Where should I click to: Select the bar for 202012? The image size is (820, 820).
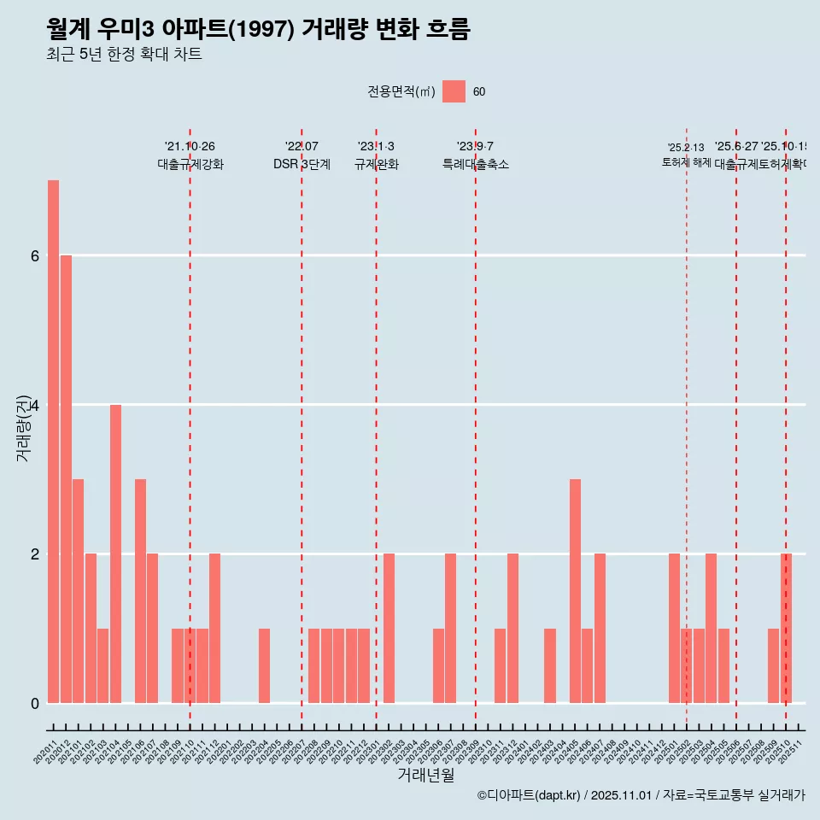tap(66, 478)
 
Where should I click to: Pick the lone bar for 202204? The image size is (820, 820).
tap(265, 666)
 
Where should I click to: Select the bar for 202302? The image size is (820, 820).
tap(389, 628)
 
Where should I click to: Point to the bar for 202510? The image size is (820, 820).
tap(786, 628)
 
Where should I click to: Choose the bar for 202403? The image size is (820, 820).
tap(550, 666)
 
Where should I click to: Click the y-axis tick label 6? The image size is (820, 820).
tap(35, 256)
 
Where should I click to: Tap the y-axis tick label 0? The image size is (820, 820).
tap(35, 704)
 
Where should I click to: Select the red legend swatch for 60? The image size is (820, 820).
tap(454, 92)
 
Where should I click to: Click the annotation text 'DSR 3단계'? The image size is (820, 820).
tap(302, 164)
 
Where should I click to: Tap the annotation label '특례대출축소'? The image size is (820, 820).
tap(475, 164)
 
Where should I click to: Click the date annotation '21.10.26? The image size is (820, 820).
tap(190, 147)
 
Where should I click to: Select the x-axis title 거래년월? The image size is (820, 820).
tap(425, 775)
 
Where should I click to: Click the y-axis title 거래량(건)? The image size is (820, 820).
tap(24, 427)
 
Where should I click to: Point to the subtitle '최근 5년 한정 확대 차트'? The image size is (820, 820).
tap(125, 55)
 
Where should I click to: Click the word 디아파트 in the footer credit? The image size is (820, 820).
tap(511, 796)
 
